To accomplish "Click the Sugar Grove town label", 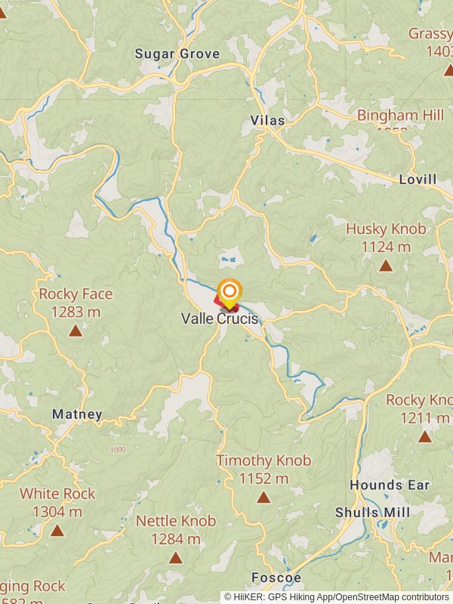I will click(x=177, y=54).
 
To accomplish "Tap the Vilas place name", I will click(x=267, y=121).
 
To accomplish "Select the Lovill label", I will click(x=418, y=180).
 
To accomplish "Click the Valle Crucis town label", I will click(x=219, y=319).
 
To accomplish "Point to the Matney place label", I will click(x=77, y=414).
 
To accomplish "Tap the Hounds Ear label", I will click(x=390, y=485).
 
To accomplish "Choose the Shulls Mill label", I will click(x=373, y=513).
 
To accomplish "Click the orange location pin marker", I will click(x=230, y=291).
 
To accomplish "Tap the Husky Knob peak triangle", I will click(x=386, y=265).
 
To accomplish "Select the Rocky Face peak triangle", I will click(x=75, y=330).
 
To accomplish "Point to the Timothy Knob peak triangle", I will click(x=263, y=497).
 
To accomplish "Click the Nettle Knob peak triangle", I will click(x=176, y=558).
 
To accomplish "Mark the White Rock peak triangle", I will click(x=57, y=530).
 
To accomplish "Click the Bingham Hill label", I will click(x=401, y=116).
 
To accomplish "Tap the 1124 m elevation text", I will click(x=386, y=247).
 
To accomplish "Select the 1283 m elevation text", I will click(x=75, y=312).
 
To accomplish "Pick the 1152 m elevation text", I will click(x=263, y=479).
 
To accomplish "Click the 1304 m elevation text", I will click(x=57, y=512).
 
